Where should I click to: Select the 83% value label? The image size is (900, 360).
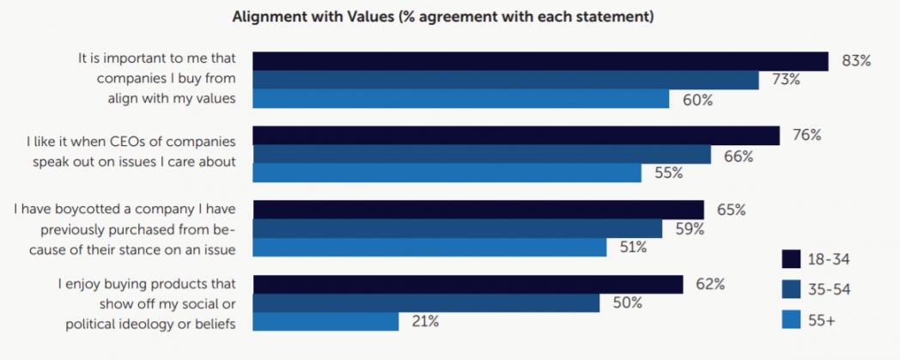856,61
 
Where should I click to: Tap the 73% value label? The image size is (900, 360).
786,80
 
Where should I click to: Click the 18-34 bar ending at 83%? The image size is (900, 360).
540,61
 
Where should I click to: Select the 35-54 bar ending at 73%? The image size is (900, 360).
506,80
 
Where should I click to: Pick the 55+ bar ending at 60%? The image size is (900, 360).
461,99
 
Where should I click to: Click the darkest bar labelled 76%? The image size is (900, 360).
516,136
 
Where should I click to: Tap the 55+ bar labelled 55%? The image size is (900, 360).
447,173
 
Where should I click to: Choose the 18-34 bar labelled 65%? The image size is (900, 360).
478,211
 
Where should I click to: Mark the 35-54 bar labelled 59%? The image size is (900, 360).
458,229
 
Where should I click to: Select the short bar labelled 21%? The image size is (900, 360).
325,321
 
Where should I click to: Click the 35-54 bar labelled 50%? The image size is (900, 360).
426,302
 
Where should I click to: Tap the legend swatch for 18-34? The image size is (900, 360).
792,259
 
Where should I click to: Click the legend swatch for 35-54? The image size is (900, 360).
792,290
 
